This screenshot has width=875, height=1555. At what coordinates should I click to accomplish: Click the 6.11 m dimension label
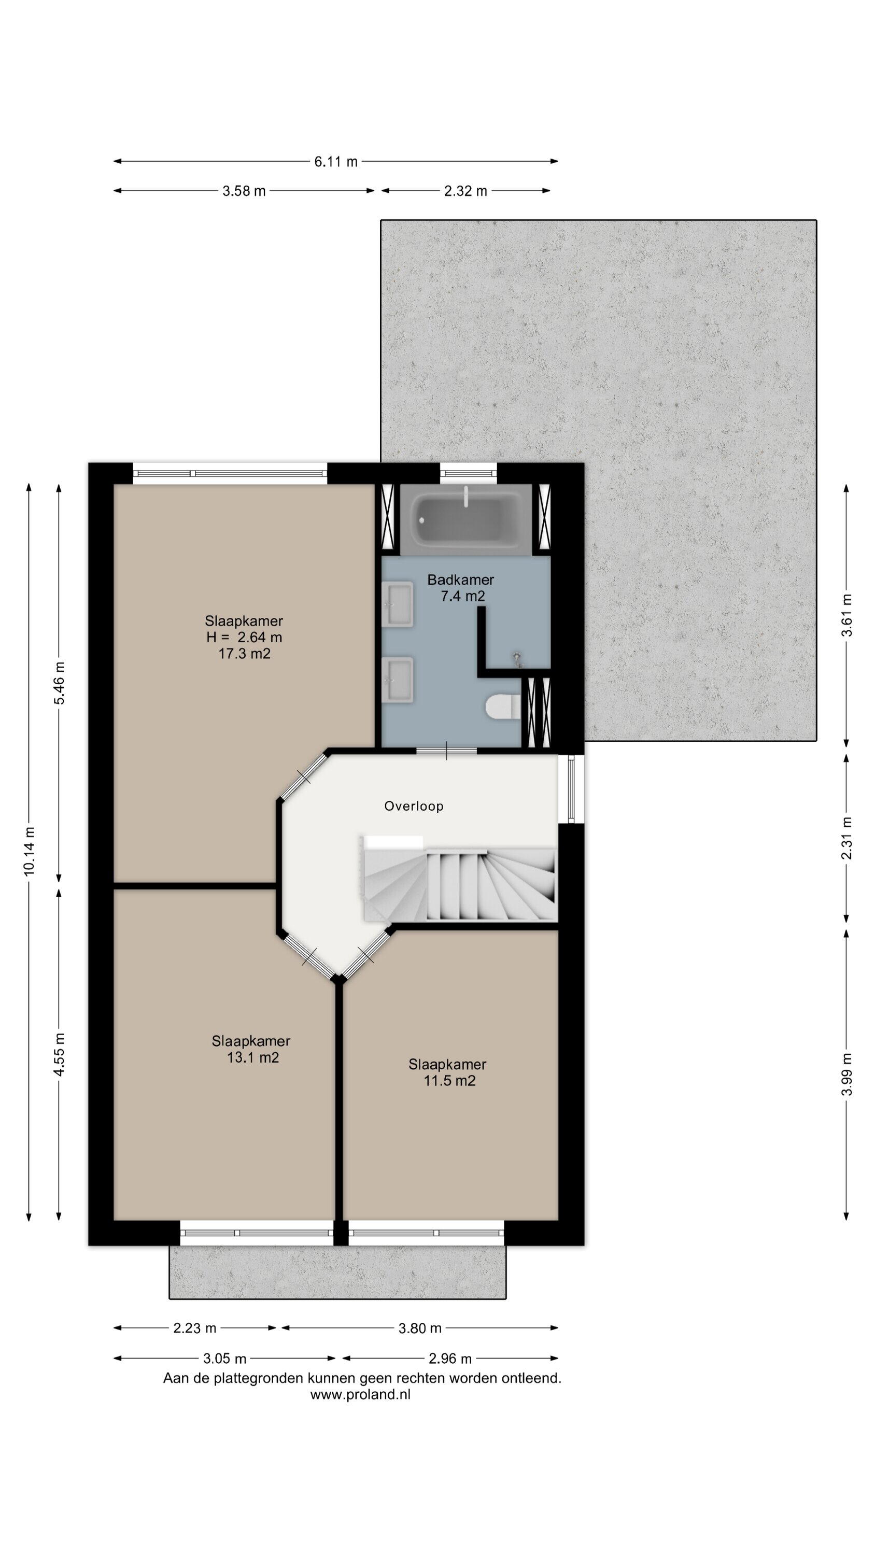335,161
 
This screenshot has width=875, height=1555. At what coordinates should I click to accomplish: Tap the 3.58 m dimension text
244,191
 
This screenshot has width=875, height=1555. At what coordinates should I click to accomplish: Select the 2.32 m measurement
465,191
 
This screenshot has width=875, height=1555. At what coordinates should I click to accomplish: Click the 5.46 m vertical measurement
59,683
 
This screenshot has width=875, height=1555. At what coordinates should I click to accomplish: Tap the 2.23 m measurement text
194,1328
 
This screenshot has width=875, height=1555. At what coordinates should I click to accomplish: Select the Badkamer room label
461,579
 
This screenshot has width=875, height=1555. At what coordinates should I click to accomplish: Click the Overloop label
414,806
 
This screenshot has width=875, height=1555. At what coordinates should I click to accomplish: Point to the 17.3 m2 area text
244,653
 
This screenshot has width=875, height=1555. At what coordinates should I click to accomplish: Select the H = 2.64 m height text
244,637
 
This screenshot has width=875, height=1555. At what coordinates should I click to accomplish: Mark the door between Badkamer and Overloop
446,751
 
